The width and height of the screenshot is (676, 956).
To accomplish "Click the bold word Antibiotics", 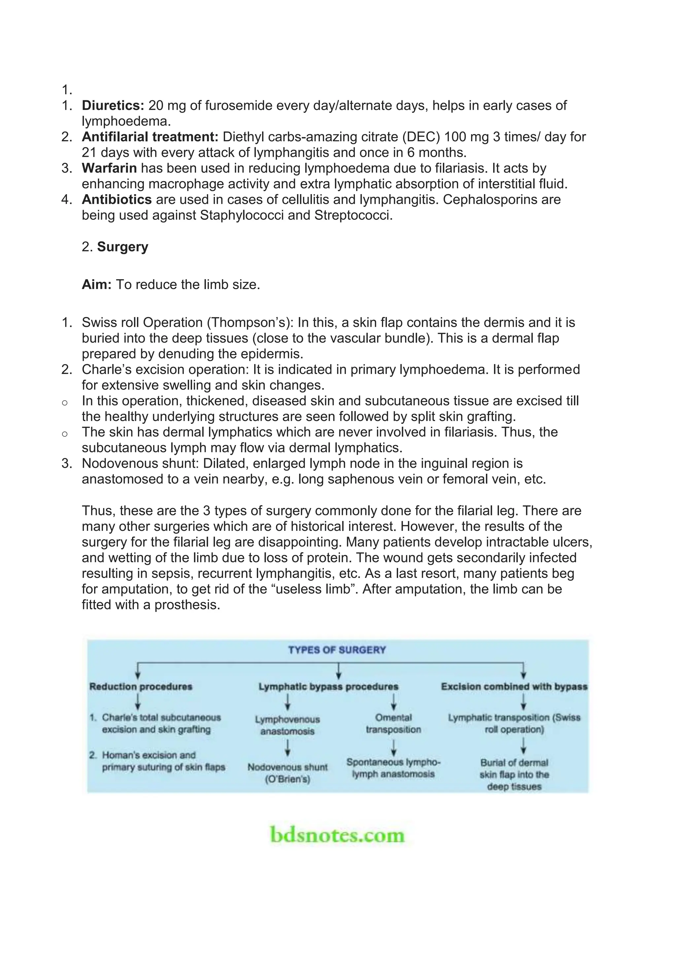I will pyautogui.click(x=117, y=199).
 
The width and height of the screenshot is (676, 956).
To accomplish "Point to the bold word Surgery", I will pyautogui.click(x=122, y=247).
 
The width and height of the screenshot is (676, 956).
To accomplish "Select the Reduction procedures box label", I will pyautogui.click(x=141, y=687).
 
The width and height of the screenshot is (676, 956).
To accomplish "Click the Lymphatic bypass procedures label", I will pyautogui.click(x=328, y=687).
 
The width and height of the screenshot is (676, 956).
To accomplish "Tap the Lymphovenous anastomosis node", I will pyautogui.click(x=287, y=725).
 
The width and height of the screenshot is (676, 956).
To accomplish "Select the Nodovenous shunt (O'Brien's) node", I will pyautogui.click(x=287, y=773).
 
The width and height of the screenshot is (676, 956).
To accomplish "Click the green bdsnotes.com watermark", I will pyautogui.click(x=337, y=835).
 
